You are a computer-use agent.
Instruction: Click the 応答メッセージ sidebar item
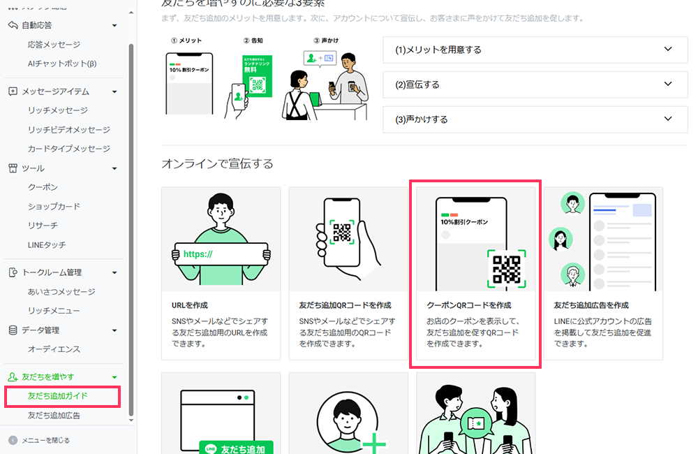(54, 45)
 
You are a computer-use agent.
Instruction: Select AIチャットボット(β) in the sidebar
(61, 64)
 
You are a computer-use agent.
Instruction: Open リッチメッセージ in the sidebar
(57, 110)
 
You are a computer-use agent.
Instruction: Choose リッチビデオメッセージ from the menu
(68, 130)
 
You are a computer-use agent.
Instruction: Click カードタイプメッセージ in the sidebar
(68, 149)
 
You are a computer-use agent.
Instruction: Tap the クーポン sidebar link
(43, 187)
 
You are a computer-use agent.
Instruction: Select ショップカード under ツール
(54, 207)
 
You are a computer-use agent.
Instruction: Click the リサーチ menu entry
(43, 226)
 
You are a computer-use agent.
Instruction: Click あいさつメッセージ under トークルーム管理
(61, 292)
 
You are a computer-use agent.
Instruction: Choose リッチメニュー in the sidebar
(54, 311)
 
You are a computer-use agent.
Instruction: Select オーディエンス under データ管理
(54, 349)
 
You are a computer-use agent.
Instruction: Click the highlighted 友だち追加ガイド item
(57, 396)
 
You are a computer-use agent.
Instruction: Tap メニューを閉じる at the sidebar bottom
(45, 440)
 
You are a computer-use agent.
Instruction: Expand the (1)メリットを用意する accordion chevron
(668, 50)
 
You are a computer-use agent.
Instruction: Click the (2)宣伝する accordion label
(417, 85)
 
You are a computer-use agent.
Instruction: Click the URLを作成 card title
(189, 305)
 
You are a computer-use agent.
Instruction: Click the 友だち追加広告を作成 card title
(591, 305)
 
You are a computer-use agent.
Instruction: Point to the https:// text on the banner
(198, 254)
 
